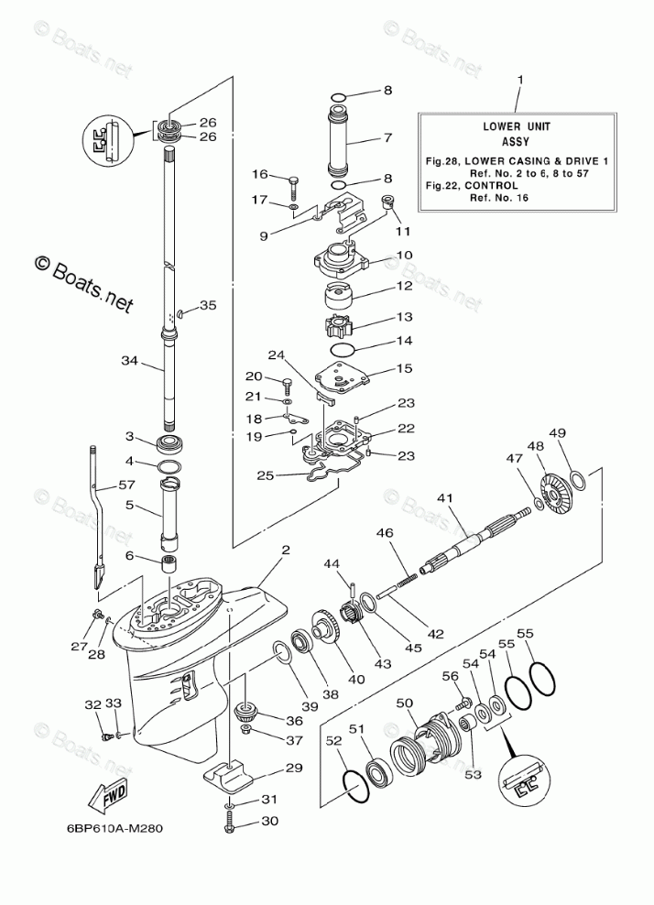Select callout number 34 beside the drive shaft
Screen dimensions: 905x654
tap(128, 362)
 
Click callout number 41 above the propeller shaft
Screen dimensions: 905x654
tap(445, 499)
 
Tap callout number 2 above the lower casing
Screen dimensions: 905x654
tap(286, 551)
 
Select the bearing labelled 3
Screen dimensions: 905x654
tap(169, 444)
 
